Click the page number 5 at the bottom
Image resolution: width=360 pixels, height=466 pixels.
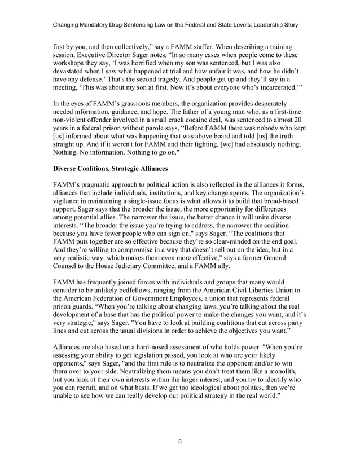click(179, 441)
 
